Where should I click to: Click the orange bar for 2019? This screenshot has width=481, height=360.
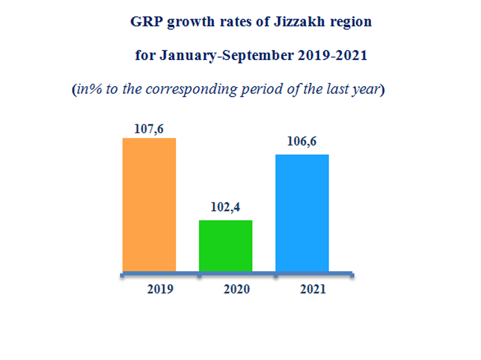pyautogui.click(x=149, y=204)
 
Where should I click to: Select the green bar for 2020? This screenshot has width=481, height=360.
pyautogui.click(x=225, y=245)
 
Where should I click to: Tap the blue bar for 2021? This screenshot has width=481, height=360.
pyautogui.click(x=302, y=213)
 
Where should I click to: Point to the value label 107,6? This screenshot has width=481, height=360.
pyautogui.click(x=149, y=129)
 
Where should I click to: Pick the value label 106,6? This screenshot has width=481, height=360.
pyautogui.click(x=302, y=145)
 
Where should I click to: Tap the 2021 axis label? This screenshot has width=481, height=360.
pyautogui.click(x=313, y=289)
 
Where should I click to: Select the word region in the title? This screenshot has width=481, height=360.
pyautogui.click(x=352, y=23)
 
